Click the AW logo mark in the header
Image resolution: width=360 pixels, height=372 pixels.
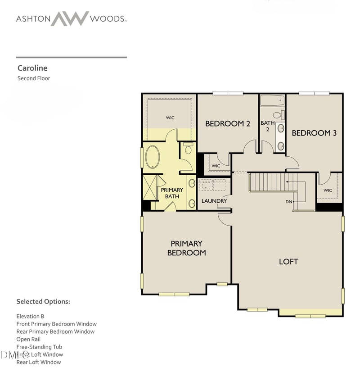pos(69,19)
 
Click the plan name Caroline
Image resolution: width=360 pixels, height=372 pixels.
pos(32,68)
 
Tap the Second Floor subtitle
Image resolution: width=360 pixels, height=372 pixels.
pos(34,78)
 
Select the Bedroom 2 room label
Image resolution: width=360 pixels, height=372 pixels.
pos(228,123)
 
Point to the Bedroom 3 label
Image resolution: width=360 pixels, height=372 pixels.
pos(314,133)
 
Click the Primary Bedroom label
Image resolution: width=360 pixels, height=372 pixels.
pos(186,248)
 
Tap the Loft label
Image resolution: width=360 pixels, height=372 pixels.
pos(288,261)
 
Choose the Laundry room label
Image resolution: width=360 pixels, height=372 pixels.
pos(214,201)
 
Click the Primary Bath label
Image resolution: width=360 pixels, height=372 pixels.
pos(172,193)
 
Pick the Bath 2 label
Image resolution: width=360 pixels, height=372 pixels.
pos(268,126)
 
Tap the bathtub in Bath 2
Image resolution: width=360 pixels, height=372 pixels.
pos(272,100)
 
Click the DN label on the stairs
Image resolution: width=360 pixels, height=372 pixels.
pos(289,202)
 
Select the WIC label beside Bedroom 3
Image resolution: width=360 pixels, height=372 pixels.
pos(328,191)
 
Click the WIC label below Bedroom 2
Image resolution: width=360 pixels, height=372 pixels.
pos(216,166)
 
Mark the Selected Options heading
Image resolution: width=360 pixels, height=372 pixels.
pos(43,301)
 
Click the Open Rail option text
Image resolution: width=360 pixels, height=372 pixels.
pos(28,339)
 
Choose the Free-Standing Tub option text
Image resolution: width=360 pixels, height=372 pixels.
pos(39,347)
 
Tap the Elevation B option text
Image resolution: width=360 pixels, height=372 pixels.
pos(30,316)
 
